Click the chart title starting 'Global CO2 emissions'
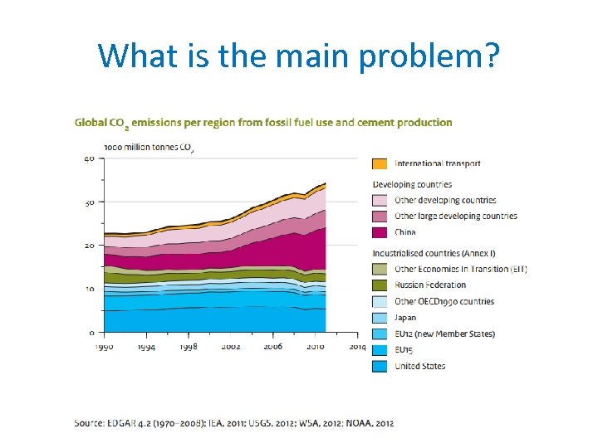263,123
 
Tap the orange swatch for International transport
379,163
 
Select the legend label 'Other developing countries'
445,200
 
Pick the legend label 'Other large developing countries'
455,216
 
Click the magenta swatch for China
379,232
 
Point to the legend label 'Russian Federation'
429,285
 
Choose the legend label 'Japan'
405,317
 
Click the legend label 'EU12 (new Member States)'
444,334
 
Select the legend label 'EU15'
404,349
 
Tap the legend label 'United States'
419,366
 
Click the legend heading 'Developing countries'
412,184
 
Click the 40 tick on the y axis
88,158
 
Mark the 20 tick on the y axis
88,246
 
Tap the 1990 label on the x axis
104,347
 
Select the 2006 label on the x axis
273,347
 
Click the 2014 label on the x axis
358,347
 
